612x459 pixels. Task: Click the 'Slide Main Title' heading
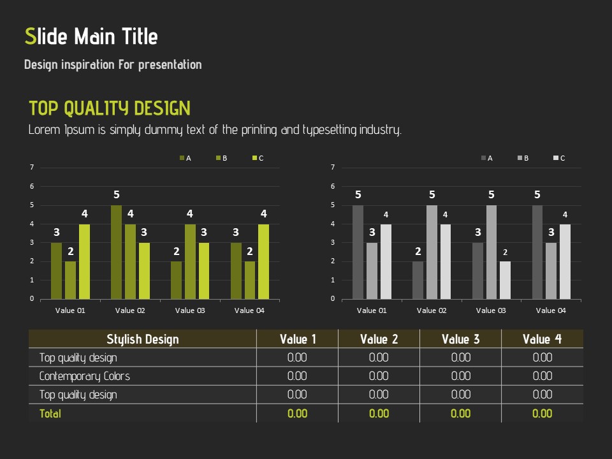tap(91, 36)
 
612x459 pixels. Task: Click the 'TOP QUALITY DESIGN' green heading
tap(110, 108)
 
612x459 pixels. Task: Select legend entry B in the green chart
tap(222, 158)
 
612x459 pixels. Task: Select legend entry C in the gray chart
tap(559, 158)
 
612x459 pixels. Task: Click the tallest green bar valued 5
tap(116, 252)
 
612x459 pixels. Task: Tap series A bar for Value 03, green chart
tap(176, 280)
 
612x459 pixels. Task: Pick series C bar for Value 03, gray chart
tap(506, 280)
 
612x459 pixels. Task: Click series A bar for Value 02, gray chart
tap(418, 280)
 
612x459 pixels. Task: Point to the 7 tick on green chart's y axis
tap(32, 168)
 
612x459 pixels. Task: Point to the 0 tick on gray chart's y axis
tap(333, 298)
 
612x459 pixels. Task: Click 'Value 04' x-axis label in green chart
tap(249, 310)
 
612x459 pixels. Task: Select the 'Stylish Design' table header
tap(143, 339)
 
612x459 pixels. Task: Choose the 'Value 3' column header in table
tap(460, 339)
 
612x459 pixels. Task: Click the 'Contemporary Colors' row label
tap(84, 376)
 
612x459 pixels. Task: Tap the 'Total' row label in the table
tap(50, 414)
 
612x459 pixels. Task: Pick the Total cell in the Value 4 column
tap(542, 414)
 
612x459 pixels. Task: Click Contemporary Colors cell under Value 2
tap(379, 376)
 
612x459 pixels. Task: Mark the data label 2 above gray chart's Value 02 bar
tap(418, 252)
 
